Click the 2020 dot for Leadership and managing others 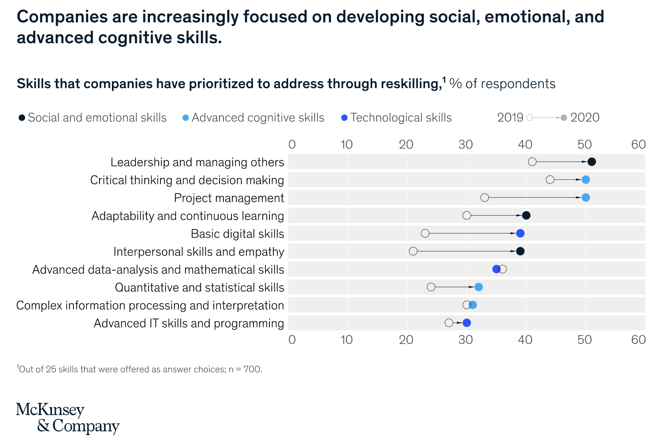[592, 162]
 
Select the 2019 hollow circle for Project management [485, 198]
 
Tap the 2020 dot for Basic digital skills [520, 234]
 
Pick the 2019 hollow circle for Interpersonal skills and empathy [413, 251]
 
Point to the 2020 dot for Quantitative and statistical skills [479, 287]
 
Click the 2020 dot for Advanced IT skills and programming [467, 323]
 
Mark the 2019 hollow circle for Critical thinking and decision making [550, 180]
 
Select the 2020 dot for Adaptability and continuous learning [526, 216]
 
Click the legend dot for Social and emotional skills [22, 118]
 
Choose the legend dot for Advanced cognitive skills [185, 118]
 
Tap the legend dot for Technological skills [344, 118]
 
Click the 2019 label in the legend [510, 117]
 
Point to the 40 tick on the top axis [525, 144]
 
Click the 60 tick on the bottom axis [638, 340]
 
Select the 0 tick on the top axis [292, 144]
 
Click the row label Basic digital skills [237, 234]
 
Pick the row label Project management [229, 198]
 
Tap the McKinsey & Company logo [68, 418]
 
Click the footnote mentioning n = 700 [140, 369]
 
